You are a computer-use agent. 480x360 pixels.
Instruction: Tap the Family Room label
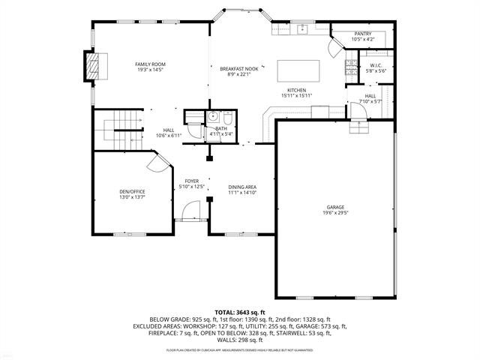coord(150,64)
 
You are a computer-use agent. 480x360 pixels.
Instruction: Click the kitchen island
coord(298,70)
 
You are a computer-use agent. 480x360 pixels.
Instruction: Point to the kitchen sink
coord(302,30)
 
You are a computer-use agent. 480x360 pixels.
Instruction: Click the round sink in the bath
coord(213,116)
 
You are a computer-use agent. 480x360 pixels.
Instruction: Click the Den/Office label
coord(132,192)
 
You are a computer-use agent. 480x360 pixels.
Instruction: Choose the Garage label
coord(335,208)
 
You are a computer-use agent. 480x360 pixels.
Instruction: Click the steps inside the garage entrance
coord(360,126)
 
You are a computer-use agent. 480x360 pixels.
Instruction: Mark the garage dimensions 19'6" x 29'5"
coord(335,214)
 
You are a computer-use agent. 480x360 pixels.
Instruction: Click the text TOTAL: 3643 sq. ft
coord(240,311)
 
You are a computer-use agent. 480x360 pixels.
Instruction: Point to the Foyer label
coord(192,181)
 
